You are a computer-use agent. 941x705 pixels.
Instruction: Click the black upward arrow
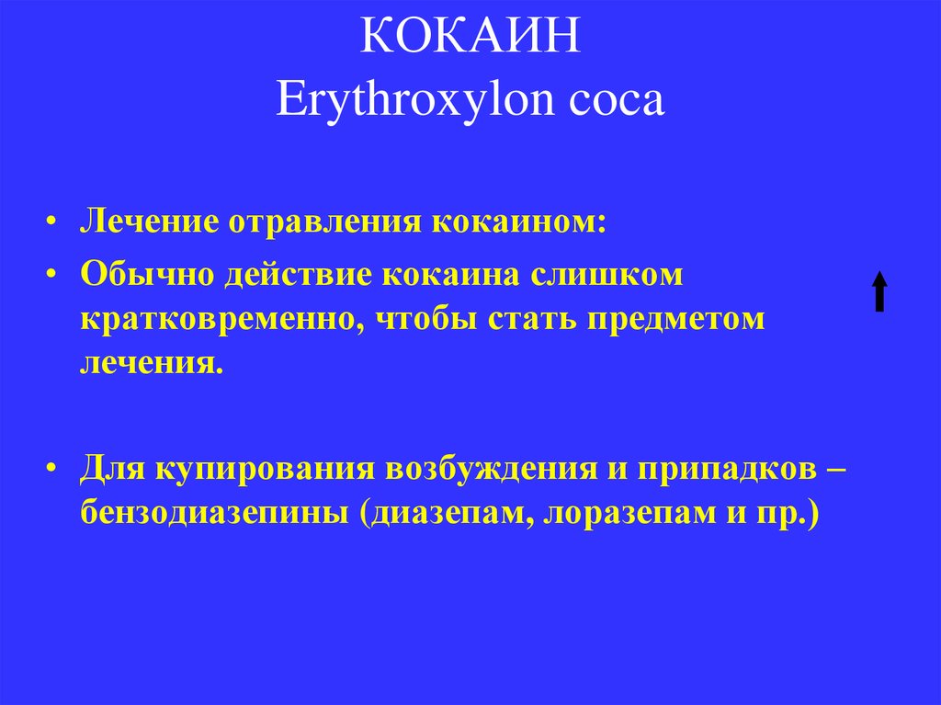(879, 291)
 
